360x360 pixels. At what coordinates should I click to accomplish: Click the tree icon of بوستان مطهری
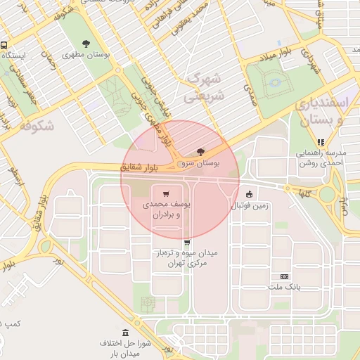pyautogui.click(x=86, y=44)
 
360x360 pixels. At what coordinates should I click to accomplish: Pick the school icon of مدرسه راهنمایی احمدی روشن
pyautogui.click(x=321, y=142)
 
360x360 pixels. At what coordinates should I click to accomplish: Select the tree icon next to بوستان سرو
pyautogui.click(x=201, y=152)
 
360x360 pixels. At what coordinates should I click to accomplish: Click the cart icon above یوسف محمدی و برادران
pyautogui.click(x=166, y=193)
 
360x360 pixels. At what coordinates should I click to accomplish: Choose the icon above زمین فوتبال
pyautogui.click(x=248, y=194)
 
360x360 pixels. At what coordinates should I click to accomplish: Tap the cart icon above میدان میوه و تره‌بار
pyautogui.click(x=186, y=243)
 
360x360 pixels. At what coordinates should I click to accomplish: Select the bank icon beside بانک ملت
pyautogui.click(x=284, y=276)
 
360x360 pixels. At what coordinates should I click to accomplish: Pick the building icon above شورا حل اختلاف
pyautogui.click(x=126, y=333)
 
